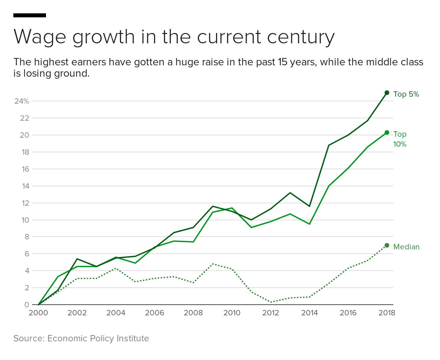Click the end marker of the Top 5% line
point(387,93)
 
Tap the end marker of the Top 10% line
point(387,133)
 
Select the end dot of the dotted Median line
point(387,245)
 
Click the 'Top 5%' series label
point(406,94)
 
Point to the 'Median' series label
point(406,247)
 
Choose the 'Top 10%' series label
point(400,139)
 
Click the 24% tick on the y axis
point(22,101)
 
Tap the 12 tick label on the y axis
point(25,203)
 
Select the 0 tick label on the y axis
point(27,305)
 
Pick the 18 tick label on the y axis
point(25,152)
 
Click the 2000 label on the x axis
point(38,313)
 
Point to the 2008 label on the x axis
point(193,313)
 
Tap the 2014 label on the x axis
point(309,313)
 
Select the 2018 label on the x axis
point(387,313)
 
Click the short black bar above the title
point(30,15)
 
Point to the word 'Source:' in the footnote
point(29,338)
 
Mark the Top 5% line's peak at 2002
point(77,259)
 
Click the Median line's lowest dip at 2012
point(271,302)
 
